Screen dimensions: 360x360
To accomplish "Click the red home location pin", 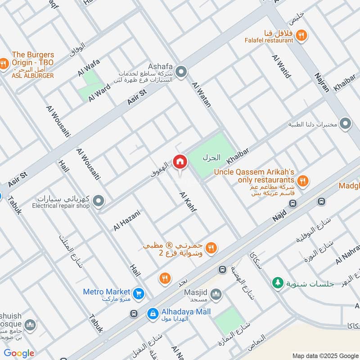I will pyautogui.click(x=180, y=162).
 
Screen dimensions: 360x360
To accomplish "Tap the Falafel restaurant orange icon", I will pyautogui.click(x=302, y=35).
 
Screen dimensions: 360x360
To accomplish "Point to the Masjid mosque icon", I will pyautogui.click(x=216, y=295).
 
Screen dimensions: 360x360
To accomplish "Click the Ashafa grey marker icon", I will pyautogui.click(x=181, y=72).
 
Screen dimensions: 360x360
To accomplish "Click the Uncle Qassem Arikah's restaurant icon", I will pyautogui.click(x=303, y=181).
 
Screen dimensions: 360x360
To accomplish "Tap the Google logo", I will pyautogui.click(x=19, y=353).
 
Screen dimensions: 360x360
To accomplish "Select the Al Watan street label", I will pyautogui.click(x=201, y=94).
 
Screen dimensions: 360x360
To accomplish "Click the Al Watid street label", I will pyautogui.click(x=281, y=66).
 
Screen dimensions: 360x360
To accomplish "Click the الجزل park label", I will pyautogui.click(x=211, y=158).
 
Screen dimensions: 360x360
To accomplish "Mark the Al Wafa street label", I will pyautogui.click(x=89, y=67).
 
